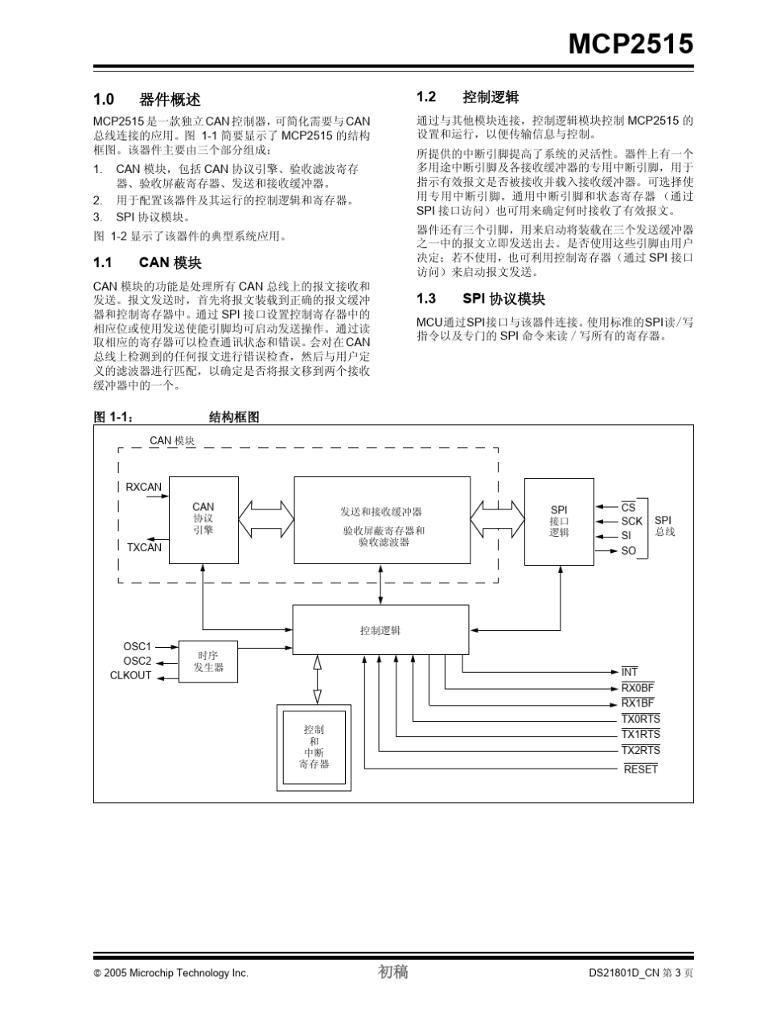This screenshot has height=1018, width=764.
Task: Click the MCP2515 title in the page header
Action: pyautogui.click(x=631, y=44)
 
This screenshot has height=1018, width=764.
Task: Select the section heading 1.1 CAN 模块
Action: pyautogui.click(x=147, y=263)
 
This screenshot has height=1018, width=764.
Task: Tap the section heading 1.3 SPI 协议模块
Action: pyautogui.click(x=481, y=299)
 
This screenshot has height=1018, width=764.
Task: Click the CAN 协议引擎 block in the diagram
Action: pyautogui.click(x=203, y=519)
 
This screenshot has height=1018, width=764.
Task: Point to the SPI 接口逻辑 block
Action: pyautogui.click(x=559, y=521)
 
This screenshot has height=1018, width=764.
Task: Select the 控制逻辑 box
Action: pyautogui.click(x=380, y=630)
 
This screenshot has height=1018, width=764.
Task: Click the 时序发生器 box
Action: pyautogui.click(x=208, y=661)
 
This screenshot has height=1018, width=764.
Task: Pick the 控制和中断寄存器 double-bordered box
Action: pyautogui.click(x=314, y=746)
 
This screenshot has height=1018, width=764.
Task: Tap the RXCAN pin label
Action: pyautogui.click(x=143, y=487)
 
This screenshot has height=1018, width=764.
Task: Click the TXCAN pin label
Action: pyautogui.click(x=144, y=547)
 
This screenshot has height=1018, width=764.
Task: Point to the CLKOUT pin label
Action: pyautogui.click(x=130, y=675)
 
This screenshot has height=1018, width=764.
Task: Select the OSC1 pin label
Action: pyautogui.click(x=137, y=646)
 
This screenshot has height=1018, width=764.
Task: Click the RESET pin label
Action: pyautogui.click(x=641, y=769)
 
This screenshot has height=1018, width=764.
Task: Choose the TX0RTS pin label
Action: pyautogui.click(x=640, y=719)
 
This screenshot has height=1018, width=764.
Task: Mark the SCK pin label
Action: pyautogui.click(x=631, y=521)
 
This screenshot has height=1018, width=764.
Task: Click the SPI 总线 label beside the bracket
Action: pyautogui.click(x=663, y=526)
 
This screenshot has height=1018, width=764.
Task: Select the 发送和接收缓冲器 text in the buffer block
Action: pyautogui.click(x=381, y=511)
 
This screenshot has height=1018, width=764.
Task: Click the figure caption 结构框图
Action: pyautogui.click(x=234, y=417)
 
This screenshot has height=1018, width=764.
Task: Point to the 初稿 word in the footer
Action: pyautogui.click(x=393, y=972)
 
